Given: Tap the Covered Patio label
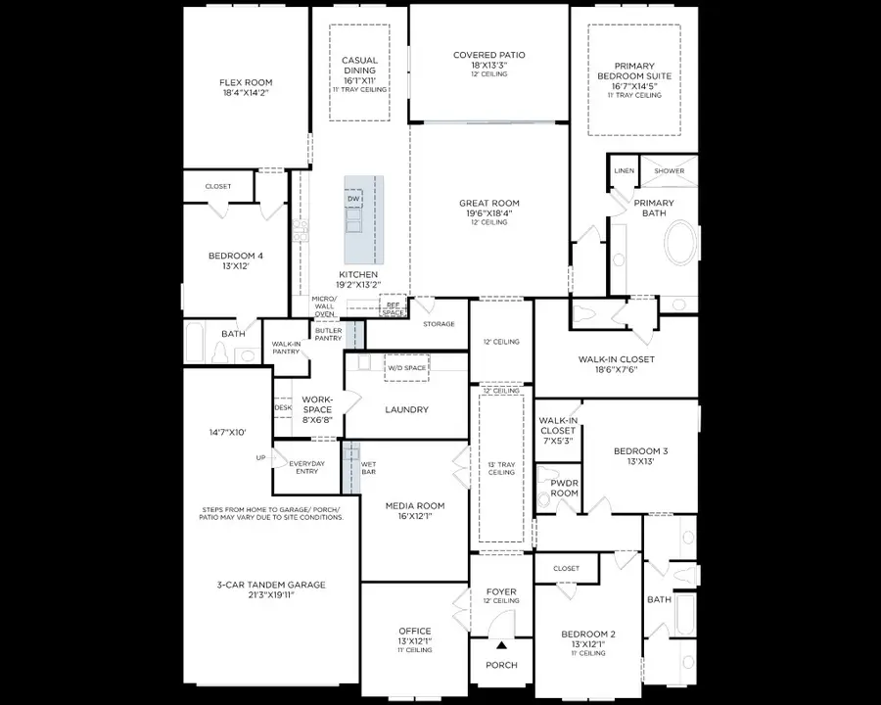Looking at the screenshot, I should [x=488, y=55].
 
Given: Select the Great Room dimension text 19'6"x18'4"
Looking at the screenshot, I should [x=488, y=213].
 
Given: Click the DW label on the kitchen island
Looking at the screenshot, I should [x=353, y=200].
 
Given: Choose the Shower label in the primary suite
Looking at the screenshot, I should [x=670, y=171].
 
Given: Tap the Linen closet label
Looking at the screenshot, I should [x=624, y=171].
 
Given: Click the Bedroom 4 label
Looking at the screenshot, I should [x=235, y=257].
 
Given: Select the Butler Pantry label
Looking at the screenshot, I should [x=328, y=334].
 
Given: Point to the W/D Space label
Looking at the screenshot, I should [x=406, y=368].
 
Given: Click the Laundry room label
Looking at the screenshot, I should [x=406, y=409].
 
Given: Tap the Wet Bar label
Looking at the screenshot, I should [x=368, y=469].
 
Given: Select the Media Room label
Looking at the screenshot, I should [x=415, y=506].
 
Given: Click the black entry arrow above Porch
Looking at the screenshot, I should [x=501, y=644].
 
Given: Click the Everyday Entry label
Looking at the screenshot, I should [x=306, y=466].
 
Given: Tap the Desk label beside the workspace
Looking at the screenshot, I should [x=283, y=407].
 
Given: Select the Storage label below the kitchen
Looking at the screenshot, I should [x=439, y=324].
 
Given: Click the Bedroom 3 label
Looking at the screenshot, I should [x=640, y=451].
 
